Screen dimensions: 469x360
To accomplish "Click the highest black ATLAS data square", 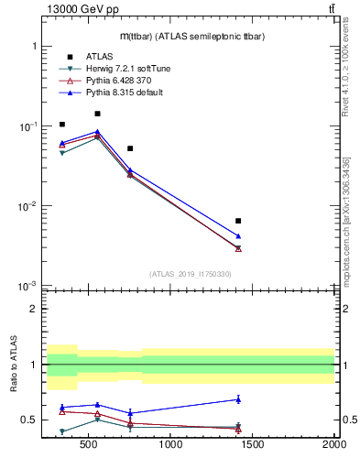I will [x=97, y=114].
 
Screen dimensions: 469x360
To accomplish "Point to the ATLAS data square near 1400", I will [x=238, y=221].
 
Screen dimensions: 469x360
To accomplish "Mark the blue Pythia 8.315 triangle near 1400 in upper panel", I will [x=238, y=236].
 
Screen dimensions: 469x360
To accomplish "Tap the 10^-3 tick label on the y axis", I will [x=27, y=287].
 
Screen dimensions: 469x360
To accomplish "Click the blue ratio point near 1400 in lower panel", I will [x=238, y=399].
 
